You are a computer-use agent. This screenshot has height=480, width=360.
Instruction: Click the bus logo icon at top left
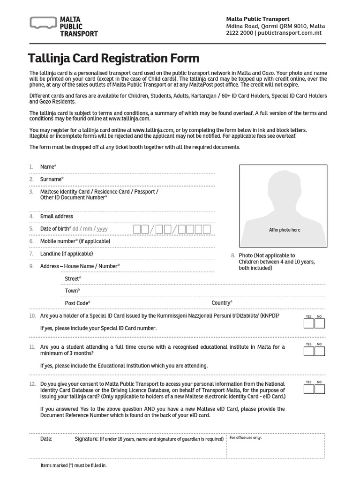[43, 23]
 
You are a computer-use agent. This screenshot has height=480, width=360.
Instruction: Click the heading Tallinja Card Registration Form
[113, 59]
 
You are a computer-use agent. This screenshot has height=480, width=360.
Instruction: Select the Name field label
[48, 167]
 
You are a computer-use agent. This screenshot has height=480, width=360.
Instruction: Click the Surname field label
[52, 179]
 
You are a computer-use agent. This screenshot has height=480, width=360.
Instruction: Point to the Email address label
[56, 216]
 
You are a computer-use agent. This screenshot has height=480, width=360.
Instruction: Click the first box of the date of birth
[137, 229]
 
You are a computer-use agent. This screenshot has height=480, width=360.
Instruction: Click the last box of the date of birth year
[206, 229]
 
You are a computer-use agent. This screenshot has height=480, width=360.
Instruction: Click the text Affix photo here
[284, 230]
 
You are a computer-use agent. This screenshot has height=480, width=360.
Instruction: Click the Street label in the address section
[73, 279]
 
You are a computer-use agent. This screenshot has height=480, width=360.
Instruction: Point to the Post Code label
[77, 303]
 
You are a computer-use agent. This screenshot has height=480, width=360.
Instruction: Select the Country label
[222, 303]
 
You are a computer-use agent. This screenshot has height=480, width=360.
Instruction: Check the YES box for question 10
[308, 323]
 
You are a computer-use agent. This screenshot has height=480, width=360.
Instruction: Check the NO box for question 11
[320, 351]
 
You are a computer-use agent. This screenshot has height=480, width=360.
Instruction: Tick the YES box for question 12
[308, 389]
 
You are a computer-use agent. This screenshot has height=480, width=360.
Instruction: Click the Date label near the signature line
[46, 439]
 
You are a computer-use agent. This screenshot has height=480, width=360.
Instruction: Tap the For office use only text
[245, 438]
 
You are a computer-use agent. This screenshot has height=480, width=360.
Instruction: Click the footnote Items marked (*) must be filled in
[74, 465]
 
